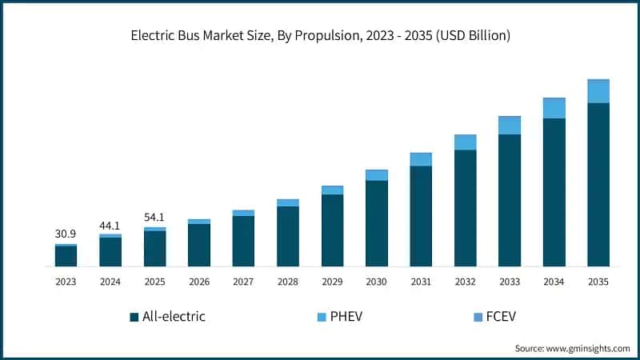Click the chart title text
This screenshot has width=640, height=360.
pyautogui.click(x=320, y=36)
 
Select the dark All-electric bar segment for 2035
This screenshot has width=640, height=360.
pyautogui.click(x=598, y=184)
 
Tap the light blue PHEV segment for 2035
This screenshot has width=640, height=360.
pyautogui.click(x=598, y=91)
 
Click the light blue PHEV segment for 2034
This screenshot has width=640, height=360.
pyautogui.click(x=554, y=108)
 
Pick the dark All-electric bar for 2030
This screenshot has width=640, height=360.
pyautogui.click(x=377, y=223)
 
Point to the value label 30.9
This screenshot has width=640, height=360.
pyautogui.click(x=66, y=234)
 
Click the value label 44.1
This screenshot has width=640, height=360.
pyautogui.click(x=110, y=225)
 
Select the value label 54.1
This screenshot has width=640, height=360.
pyautogui.click(x=155, y=217)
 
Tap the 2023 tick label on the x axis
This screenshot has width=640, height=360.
pyautogui.click(x=66, y=282)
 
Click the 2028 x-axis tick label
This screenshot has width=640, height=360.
pyautogui.click(x=288, y=282)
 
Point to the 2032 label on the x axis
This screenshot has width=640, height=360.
pyautogui.click(x=466, y=282)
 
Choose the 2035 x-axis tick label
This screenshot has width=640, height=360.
pyautogui.click(x=598, y=282)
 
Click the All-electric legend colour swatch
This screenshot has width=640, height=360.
pyautogui.click(x=134, y=317)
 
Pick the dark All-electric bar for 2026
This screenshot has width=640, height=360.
pyautogui.click(x=199, y=245)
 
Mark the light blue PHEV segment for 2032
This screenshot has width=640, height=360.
pyautogui.click(x=466, y=142)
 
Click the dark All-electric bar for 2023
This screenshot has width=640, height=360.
pyautogui.click(x=66, y=256)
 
